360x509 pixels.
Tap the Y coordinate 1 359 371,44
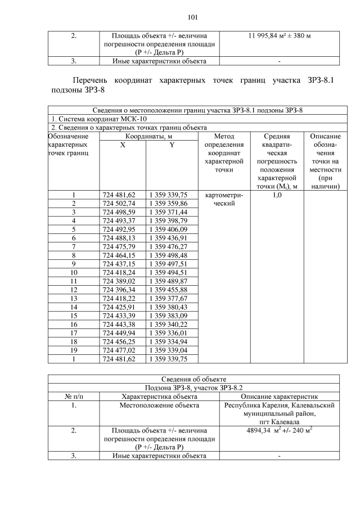pyautogui.click(x=172, y=211)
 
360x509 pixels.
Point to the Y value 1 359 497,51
pyautogui.click(x=172, y=263)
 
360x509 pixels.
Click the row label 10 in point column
pyautogui.click(x=73, y=272)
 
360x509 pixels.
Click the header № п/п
pyautogui.click(x=73, y=396)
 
